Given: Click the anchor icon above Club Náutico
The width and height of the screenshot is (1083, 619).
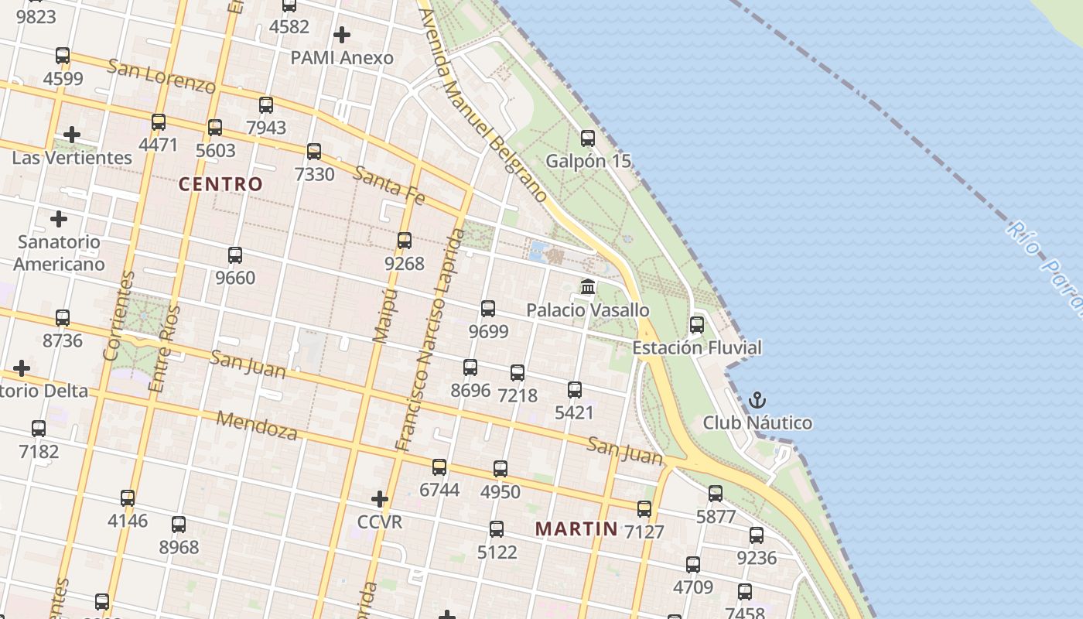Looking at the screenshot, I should pos(757,400).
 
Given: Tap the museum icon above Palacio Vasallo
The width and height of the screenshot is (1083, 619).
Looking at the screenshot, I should pos(588,287).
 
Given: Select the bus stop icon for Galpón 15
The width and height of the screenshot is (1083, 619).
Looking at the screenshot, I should pos(588,139).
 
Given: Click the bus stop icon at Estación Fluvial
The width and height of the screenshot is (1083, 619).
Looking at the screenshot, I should pos(697,325).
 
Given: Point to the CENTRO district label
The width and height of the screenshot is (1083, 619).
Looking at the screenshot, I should pos(221,184).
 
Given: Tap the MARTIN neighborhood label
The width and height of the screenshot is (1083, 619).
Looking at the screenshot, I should pos(577,529).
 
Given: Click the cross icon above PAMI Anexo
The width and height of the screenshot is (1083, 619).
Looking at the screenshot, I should pos(341,35).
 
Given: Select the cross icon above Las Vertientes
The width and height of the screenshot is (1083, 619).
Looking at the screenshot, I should pos(72,135).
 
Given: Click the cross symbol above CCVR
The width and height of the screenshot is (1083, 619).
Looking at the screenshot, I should pos(379,498).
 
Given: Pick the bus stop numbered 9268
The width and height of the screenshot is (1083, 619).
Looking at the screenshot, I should pos(405,241).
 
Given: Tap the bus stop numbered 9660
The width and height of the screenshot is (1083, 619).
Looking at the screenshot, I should pos(235,255).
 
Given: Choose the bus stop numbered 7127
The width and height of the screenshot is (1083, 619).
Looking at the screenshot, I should pos(644,508).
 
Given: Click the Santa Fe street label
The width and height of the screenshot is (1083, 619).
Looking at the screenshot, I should pos(389,186).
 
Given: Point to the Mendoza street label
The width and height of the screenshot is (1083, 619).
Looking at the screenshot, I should pos(257,426).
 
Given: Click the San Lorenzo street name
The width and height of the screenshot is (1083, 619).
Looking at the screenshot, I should pos(161,75).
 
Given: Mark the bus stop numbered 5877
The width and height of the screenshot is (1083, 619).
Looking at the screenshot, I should pos(716,493).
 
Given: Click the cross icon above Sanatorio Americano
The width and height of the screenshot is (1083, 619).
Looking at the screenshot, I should pos(59,219).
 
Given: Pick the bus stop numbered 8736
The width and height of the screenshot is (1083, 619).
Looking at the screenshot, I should pos(63,317).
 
